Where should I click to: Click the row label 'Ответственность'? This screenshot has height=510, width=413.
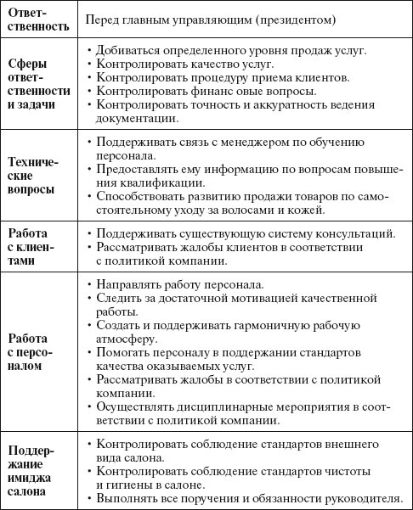click(38, 20)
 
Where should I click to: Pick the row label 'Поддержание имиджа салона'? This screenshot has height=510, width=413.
click(37, 469)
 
